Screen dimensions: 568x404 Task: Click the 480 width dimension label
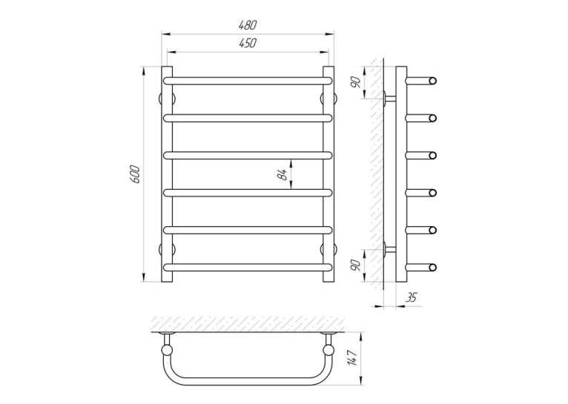(248, 25)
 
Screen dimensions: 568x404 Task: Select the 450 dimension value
(248, 43)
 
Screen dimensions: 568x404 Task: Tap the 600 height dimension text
(135, 174)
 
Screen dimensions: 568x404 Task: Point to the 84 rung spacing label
(284, 174)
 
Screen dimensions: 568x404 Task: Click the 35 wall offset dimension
(411, 297)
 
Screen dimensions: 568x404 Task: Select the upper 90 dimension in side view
(356, 82)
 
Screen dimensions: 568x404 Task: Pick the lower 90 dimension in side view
(356, 265)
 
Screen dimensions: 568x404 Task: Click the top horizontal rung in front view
(248, 80)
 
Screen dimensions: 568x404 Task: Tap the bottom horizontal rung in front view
(248, 267)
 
